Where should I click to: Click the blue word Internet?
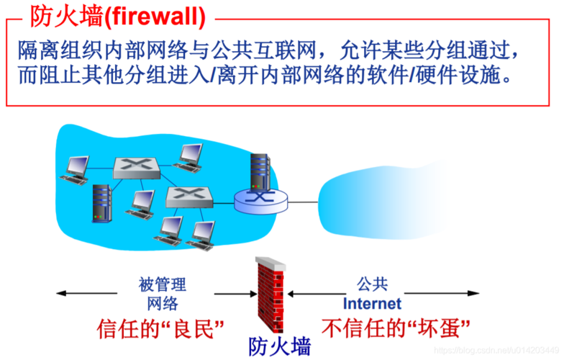point(372,303)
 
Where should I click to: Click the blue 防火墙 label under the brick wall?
point(280,347)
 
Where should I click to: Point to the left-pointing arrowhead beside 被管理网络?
point(62,293)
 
